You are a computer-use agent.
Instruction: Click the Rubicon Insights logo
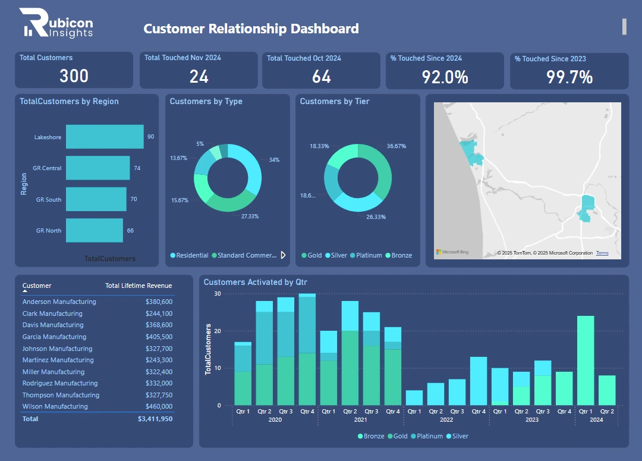coord(56,24)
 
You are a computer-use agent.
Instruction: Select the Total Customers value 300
coord(74,76)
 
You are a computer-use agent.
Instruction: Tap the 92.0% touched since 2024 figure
coord(445,77)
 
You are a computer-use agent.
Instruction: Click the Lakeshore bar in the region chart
coord(105,137)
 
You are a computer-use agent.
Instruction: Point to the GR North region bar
coord(94,230)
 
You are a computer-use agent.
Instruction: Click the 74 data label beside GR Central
coord(137,168)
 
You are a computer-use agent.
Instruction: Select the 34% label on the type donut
coord(274,159)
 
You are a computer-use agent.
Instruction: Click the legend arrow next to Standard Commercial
coord(283,255)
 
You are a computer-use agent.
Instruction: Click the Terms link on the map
coord(602,253)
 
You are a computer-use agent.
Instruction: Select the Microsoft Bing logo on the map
coord(452,252)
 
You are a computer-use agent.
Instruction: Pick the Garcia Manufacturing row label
coord(54,337)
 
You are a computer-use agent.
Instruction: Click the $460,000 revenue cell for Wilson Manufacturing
coord(159,406)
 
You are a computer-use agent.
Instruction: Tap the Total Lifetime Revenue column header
coord(139,286)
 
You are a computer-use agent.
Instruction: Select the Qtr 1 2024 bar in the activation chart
coord(586,360)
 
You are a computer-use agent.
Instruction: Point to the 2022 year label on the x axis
coord(446,419)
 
